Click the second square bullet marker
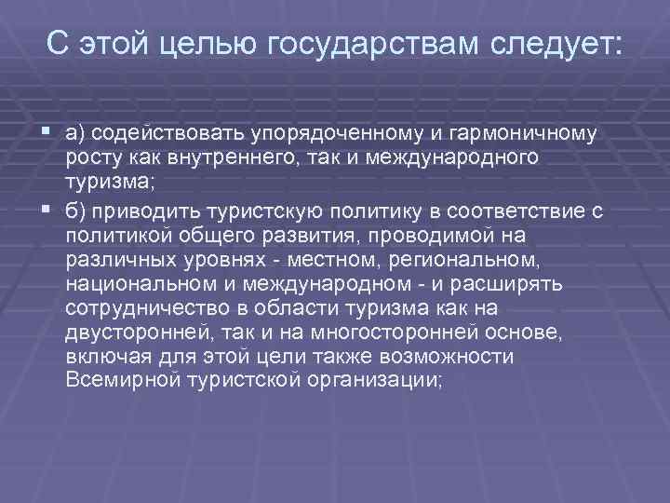coord(47,210)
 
